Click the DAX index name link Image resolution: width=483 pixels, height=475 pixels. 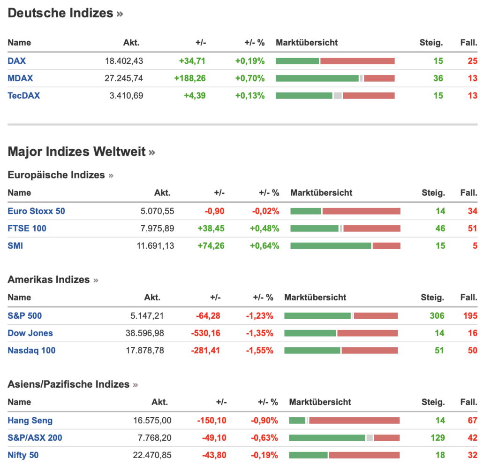[x=16, y=61]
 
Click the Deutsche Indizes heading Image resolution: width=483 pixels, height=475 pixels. [x=60, y=13]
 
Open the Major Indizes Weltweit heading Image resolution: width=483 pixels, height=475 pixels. [x=76, y=152]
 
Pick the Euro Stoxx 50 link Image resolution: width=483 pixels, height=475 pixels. [x=36, y=211]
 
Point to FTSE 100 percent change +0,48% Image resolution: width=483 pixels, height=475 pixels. [x=264, y=229]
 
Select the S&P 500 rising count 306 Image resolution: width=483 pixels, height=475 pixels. [x=437, y=316]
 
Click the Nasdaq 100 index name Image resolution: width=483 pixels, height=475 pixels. [x=31, y=351]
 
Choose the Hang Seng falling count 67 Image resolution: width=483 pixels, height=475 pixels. [x=472, y=421]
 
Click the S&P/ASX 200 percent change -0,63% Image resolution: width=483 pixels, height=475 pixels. [x=264, y=438]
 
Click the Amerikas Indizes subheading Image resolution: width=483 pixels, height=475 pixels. [x=49, y=280]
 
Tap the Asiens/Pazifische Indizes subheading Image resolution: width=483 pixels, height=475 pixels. [x=68, y=384]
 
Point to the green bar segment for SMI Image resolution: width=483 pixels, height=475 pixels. [x=331, y=246]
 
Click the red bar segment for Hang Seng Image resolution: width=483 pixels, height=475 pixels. [x=354, y=421]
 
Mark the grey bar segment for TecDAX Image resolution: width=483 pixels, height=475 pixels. [x=338, y=96]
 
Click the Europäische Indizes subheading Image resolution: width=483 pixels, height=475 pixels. [x=56, y=175]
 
